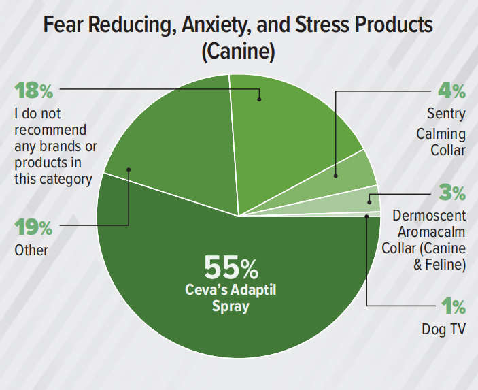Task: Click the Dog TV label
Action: (443, 330)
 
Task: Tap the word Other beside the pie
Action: (31, 250)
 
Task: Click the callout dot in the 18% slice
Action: (259, 99)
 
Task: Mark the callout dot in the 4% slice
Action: (336, 176)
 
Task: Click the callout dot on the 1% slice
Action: (366, 216)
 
